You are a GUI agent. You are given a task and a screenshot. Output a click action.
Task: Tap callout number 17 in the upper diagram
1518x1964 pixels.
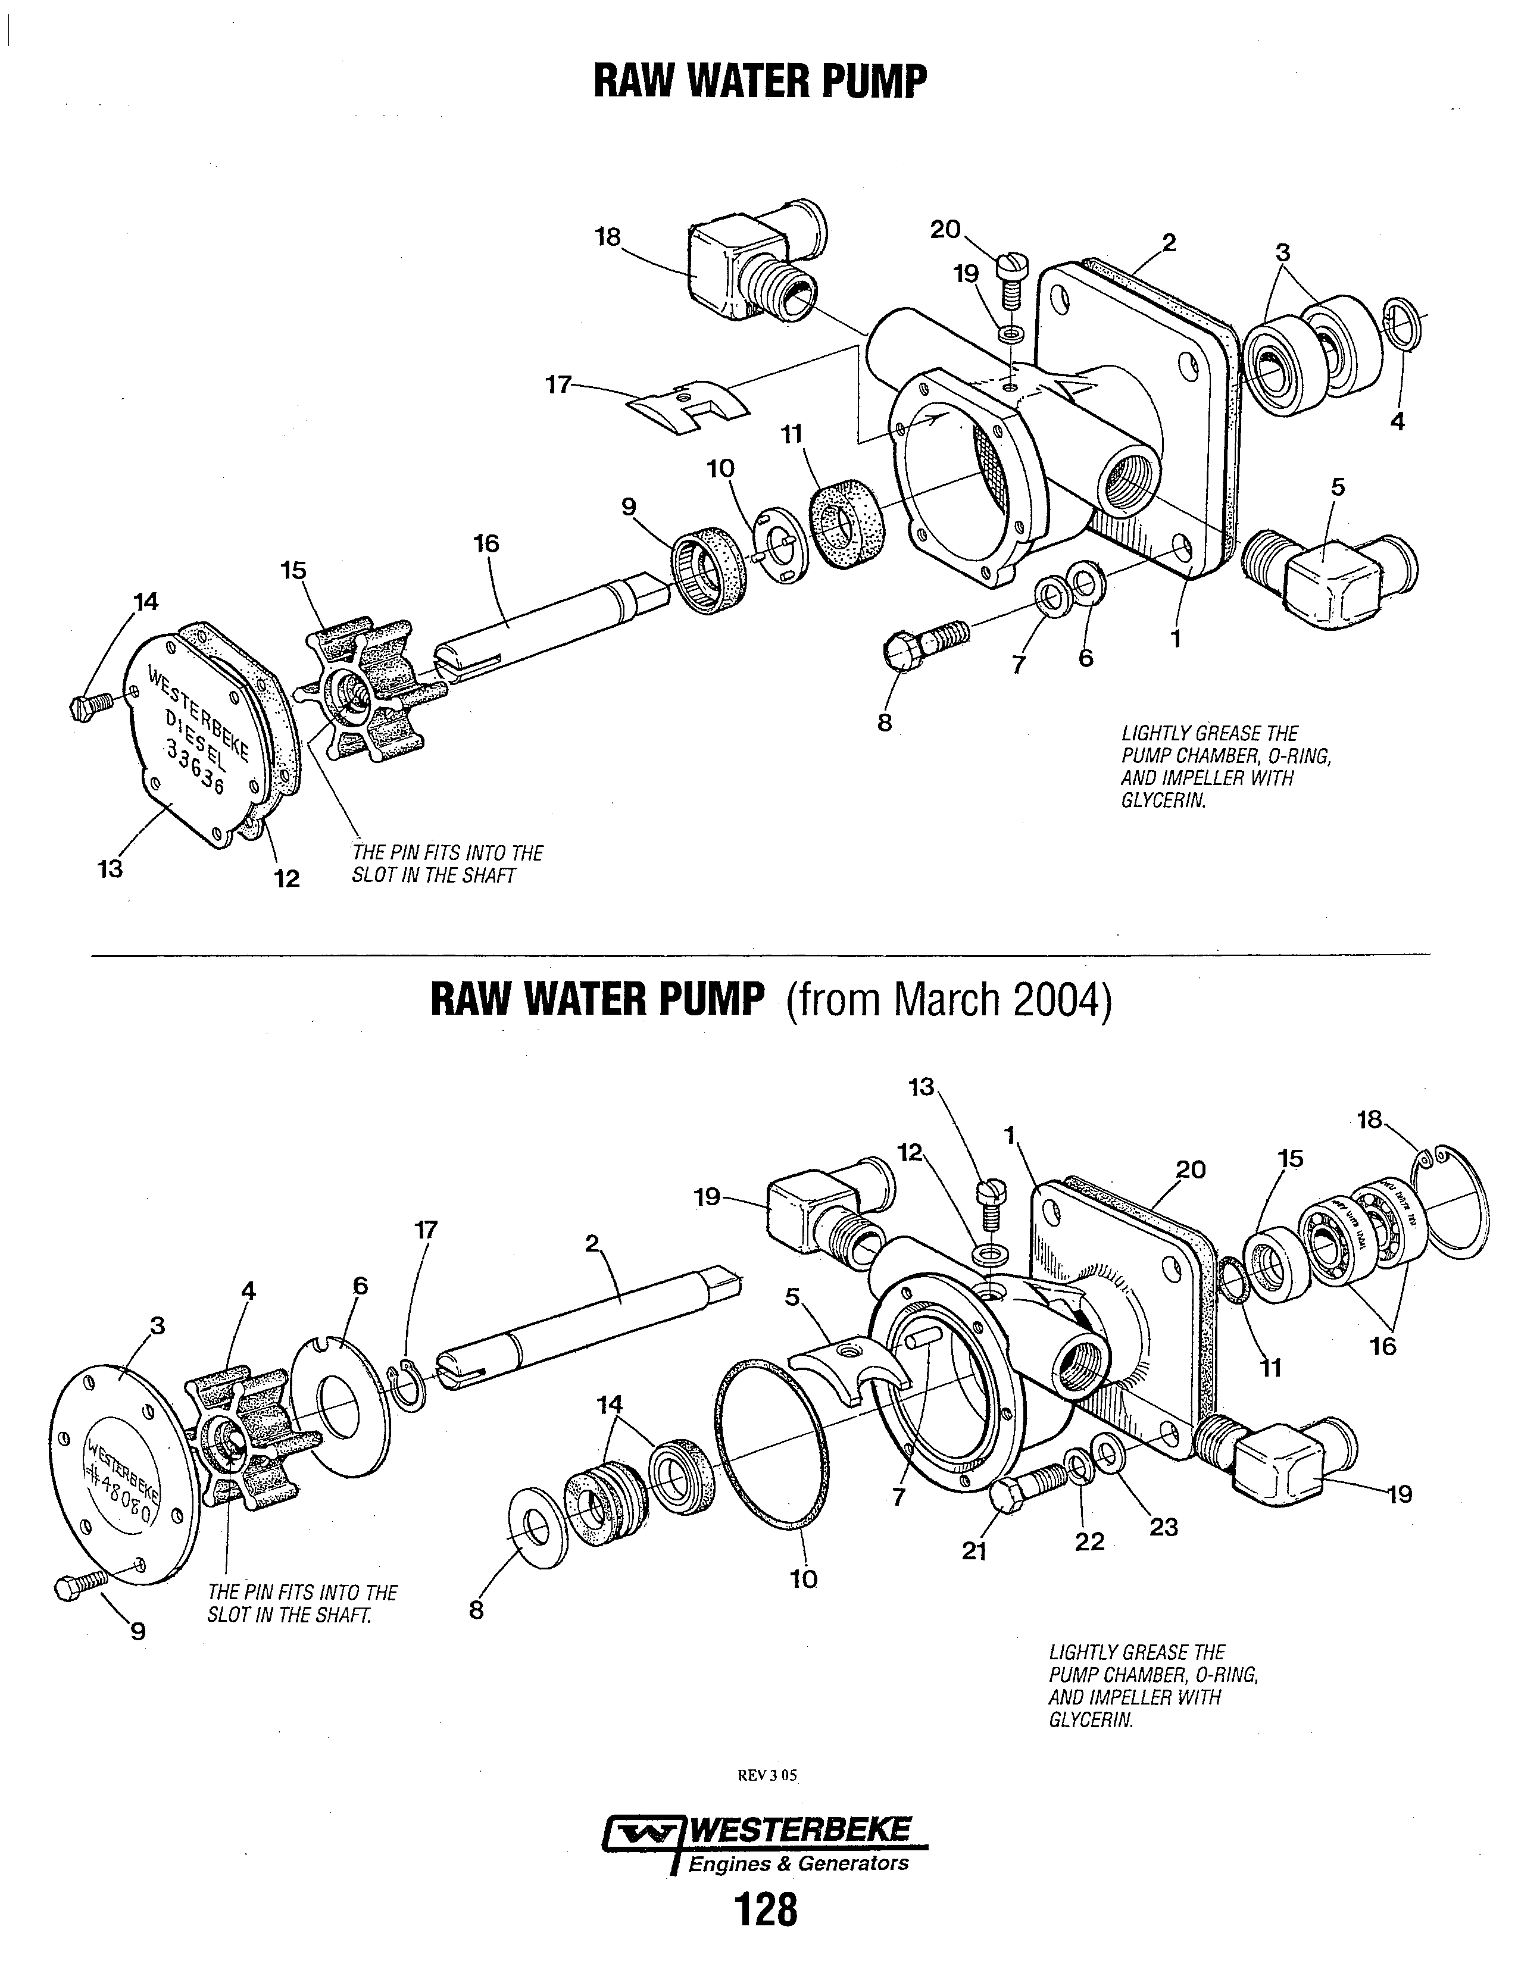click(558, 385)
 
